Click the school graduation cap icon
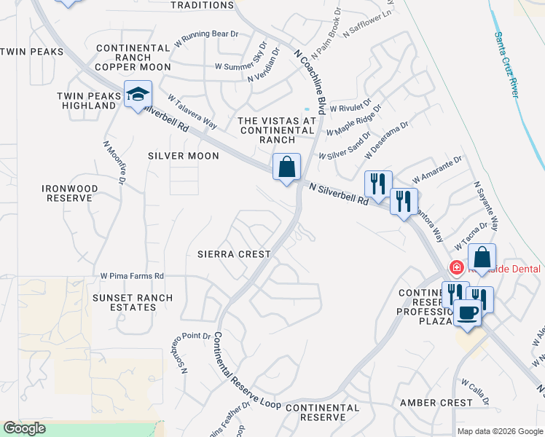click(x=137, y=95)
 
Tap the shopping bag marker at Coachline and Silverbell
click(x=287, y=167)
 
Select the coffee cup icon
click(x=467, y=313)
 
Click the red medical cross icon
click(x=457, y=268)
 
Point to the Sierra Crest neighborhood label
click(x=234, y=254)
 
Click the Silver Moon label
click(x=184, y=156)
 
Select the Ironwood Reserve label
click(x=70, y=192)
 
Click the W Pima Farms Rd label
click(x=132, y=277)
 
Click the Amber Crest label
click(x=436, y=403)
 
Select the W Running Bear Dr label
click(x=206, y=34)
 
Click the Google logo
click(x=24, y=428)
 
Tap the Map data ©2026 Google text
click(x=499, y=431)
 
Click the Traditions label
click(x=202, y=4)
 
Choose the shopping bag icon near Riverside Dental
click(x=482, y=257)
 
